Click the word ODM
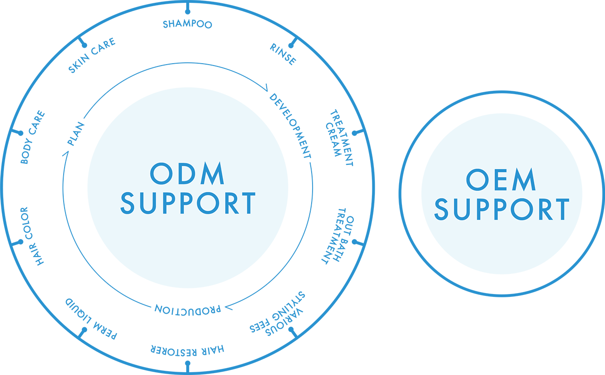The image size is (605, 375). (x=187, y=173)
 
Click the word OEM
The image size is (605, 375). (x=501, y=179)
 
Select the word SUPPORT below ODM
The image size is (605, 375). (x=188, y=203)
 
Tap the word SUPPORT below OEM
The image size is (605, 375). (x=502, y=209)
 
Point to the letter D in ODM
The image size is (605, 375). (x=188, y=173)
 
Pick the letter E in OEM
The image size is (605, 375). (x=500, y=179)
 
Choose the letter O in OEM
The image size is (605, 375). (x=478, y=179)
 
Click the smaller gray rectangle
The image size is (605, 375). (x=23, y=28)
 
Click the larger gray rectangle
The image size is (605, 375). (x=498, y=28)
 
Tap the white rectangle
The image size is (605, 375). (x=474, y=354)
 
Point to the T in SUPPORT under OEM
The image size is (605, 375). (x=561, y=209)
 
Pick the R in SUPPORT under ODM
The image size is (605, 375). (x=230, y=203)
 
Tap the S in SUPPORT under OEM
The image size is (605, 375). (x=441, y=209)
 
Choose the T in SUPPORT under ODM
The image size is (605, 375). (x=248, y=203)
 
